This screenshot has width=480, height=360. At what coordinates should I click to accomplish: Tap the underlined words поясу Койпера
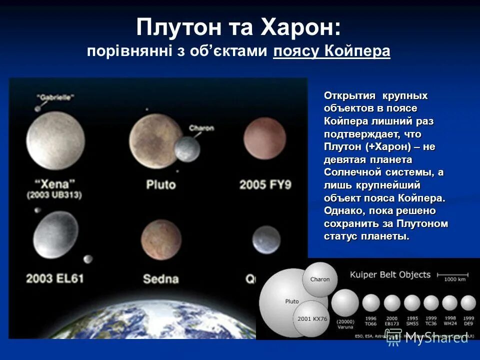331,51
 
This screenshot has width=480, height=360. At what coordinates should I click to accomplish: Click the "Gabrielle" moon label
55,97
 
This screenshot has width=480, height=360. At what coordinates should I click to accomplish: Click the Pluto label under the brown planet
160,184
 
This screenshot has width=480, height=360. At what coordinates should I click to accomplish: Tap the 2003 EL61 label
55,278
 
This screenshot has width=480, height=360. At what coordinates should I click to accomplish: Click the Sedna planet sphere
160,239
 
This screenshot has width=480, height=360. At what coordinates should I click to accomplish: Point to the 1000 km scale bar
452,274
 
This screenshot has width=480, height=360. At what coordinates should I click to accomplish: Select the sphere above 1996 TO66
370,303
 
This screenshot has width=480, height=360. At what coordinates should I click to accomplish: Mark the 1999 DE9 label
468,321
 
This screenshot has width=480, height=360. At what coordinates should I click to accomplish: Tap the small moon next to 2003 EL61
88,259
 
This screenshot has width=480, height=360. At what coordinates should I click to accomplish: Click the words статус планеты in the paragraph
366,236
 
